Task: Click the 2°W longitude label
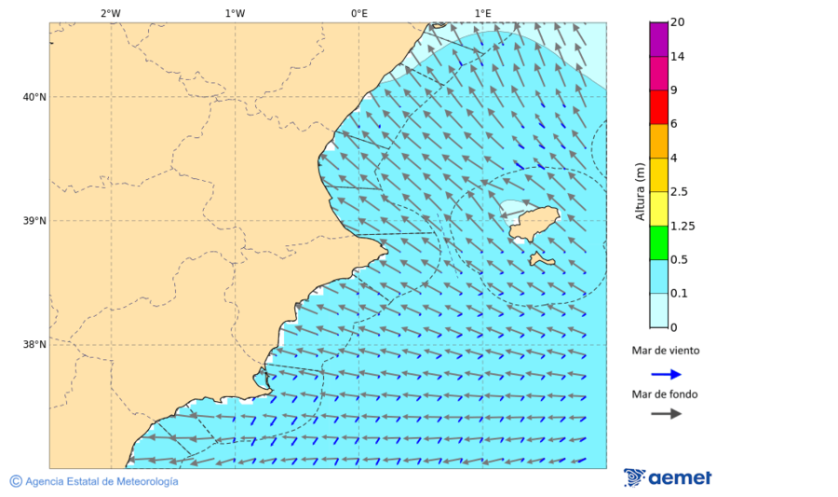[x=110, y=13]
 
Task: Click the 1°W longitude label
[x=235, y=13]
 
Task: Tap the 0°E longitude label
[x=358, y=13]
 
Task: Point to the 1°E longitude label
[x=482, y=13]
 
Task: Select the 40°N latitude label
[x=34, y=97]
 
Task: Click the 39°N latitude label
[x=34, y=221]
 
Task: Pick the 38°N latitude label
[x=34, y=345]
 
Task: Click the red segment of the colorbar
[x=659, y=107]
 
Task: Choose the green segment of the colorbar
[x=659, y=242]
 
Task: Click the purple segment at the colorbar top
[x=659, y=39]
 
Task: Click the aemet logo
[x=668, y=477]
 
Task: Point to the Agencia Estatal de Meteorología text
[x=101, y=481]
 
